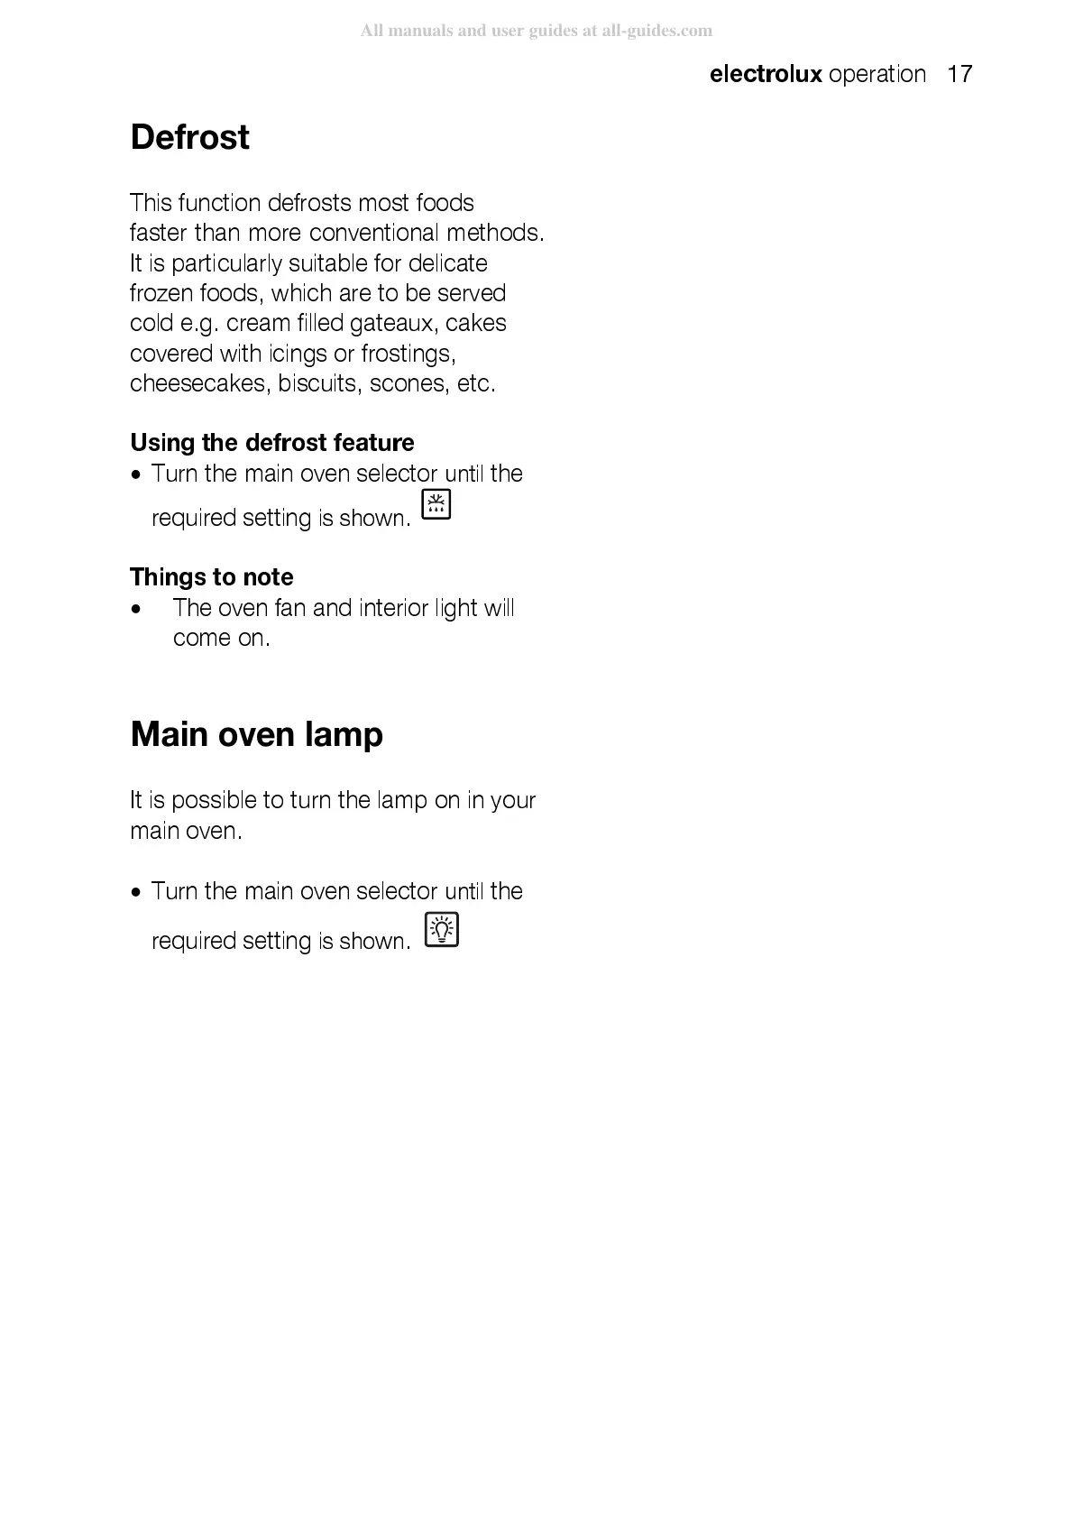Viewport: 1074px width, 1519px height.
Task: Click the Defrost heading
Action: tap(189, 138)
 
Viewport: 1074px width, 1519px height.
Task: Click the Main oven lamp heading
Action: tap(256, 734)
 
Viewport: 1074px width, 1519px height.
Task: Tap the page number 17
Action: tap(959, 74)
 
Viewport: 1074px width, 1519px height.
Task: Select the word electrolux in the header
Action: tap(766, 74)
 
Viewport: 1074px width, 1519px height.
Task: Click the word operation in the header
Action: tap(877, 74)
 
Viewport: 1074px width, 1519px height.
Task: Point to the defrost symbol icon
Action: tap(436, 505)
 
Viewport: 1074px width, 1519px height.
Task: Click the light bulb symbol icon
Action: tap(441, 929)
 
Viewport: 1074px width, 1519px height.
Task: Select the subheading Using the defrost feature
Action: tap(271, 443)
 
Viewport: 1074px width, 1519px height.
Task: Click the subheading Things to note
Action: tap(212, 577)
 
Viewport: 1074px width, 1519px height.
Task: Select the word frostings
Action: tap(408, 354)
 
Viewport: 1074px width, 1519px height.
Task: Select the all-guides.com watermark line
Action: tap(537, 31)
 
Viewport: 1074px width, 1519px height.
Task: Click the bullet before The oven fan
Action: tap(136, 610)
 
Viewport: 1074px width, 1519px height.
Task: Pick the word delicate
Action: tap(447, 263)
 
